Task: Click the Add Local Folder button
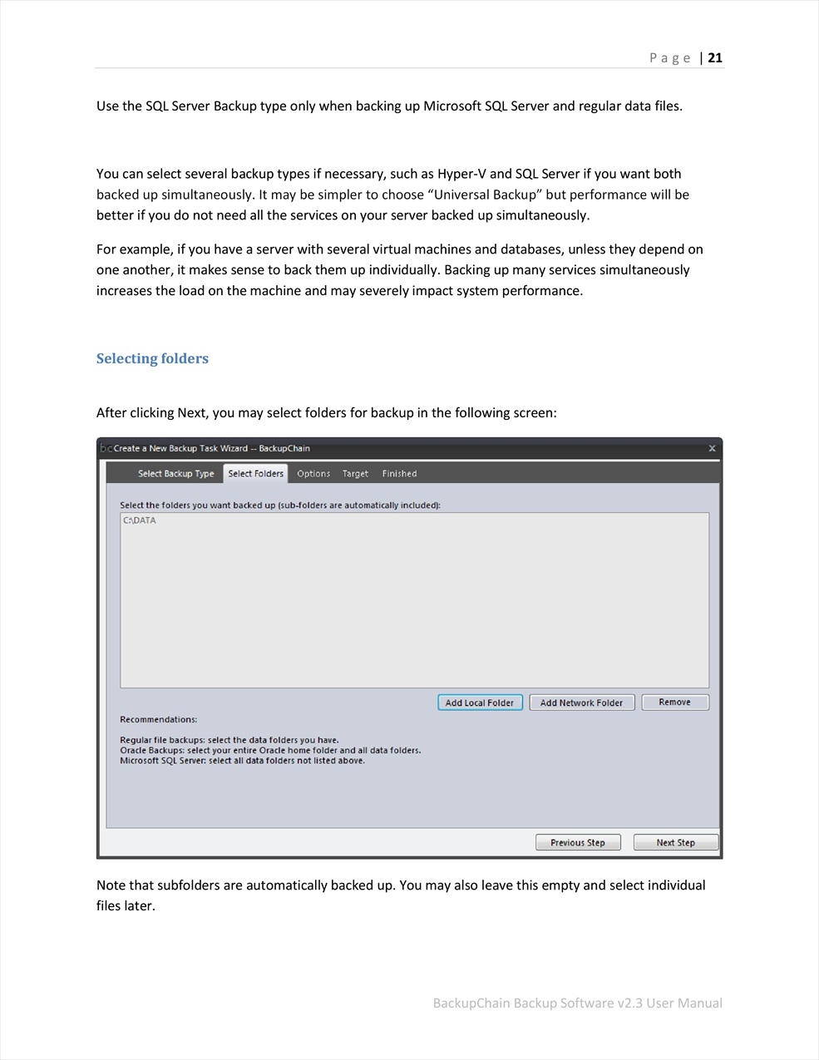[480, 703]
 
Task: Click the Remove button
[674, 703]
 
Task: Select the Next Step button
[675, 842]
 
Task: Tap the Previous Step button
[578, 842]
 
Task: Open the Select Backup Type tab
[175, 474]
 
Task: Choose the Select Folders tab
[255, 474]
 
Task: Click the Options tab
[313, 474]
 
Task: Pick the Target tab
[355, 474]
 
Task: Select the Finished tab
[399, 474]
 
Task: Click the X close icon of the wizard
[712, 448]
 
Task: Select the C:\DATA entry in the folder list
[140, 520]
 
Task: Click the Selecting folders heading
[152, 358]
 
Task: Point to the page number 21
[715, 57]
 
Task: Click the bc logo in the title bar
[106, 448]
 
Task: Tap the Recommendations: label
[158, 719]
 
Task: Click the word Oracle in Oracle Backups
[133, 750]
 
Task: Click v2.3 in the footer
[629, 1003]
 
